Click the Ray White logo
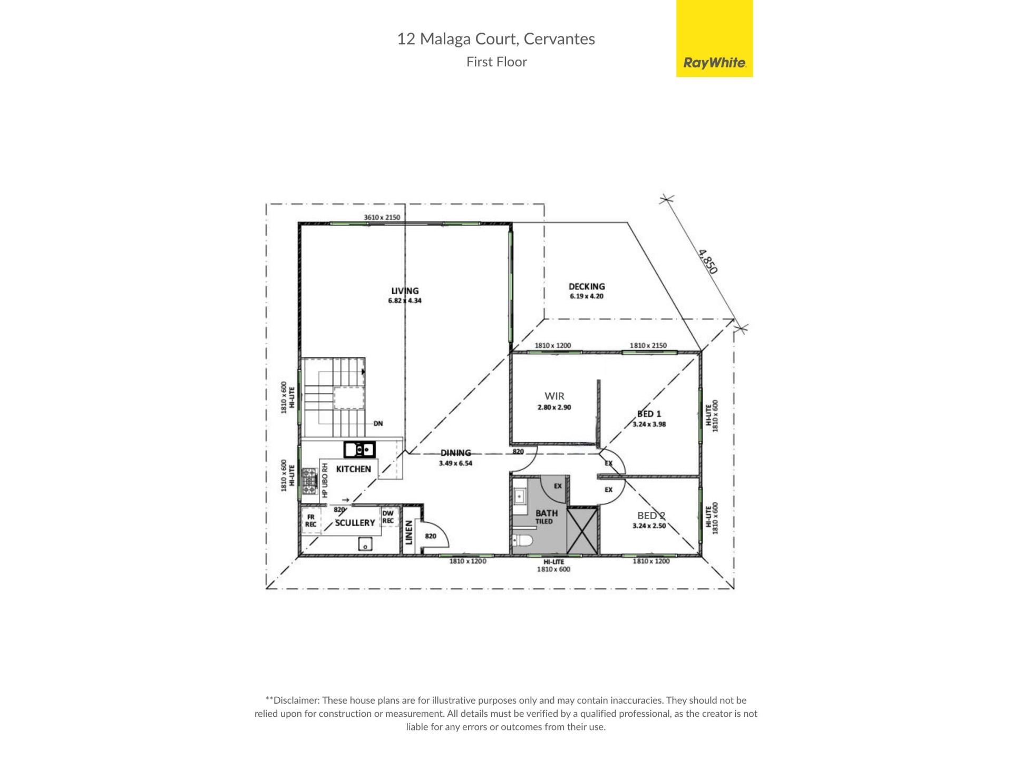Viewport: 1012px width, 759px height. click(x=714, y=38)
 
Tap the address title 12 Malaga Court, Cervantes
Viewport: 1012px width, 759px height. click(x=496, y=39)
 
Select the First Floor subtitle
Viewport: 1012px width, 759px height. click(x=497, y=62)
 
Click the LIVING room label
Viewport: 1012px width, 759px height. click(x=405, y=290)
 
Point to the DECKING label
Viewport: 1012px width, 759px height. click(x=587, y=287)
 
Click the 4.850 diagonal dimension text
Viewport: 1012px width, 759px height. click(x=708, y=261)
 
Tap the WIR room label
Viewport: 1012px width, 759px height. click(x=554, y=396)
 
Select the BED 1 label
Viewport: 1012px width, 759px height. click(x=649, y=414)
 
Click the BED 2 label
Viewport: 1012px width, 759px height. click(x=651, y=515)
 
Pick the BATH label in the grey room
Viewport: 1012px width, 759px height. click(x=547, y=513)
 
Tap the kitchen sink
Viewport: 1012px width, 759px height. click(x=359, y=450)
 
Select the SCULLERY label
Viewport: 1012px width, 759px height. click(x=355, y=523)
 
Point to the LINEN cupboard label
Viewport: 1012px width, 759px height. click(x=409, y=532)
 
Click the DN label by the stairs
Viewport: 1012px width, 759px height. click(x=378, y=423)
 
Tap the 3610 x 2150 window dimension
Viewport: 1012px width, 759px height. click(x=382, y=217)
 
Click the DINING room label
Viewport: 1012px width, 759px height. click(x=456, y=453)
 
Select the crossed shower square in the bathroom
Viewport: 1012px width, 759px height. click(x=583, y=531)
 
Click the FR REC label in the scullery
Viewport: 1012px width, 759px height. click(x=311, y=521)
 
